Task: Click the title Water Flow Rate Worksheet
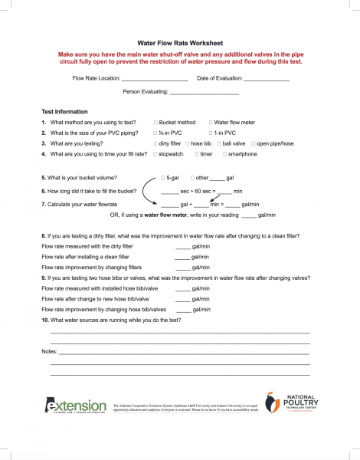click(181, 45)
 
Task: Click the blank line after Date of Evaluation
click(267, 80)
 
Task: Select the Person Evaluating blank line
click(205, 94)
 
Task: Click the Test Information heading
click(64, 112)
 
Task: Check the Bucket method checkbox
click(156, 123)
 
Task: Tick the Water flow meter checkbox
click(209, 123)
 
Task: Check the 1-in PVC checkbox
click(209, 133)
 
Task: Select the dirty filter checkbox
click(156, 144)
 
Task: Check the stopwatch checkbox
click(156, 155)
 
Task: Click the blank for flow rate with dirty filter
click(182, 248)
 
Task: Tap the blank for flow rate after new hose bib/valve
click(182, 299)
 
